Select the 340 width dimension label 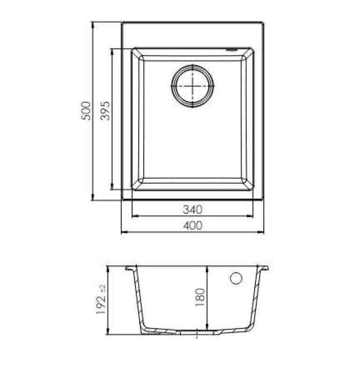(x=192, y=209)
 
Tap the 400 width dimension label (x=192, y=225)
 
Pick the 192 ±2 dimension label (x=101, y=300)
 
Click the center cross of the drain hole (x=192, y=86)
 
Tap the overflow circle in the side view (x=236, y=278)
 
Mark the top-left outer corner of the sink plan (x=122, y=22)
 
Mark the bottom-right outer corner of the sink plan (x=263, y=200)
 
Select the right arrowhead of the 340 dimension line (x=252, y=216)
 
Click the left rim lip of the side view (x=129, y=268)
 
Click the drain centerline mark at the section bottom (x=198, y=334)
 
